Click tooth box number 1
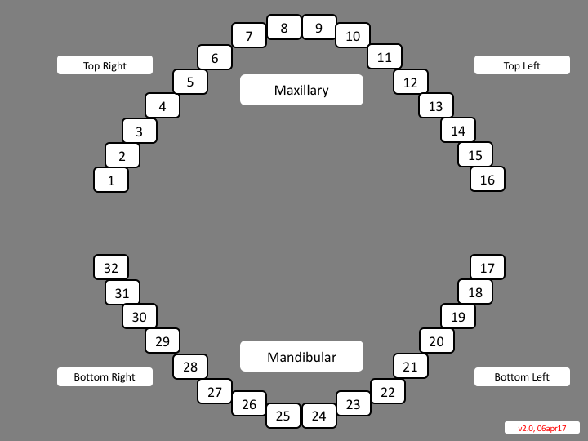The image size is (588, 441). pos(111,180)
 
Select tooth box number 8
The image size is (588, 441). pos(284,28)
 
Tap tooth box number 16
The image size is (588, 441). pos(488,180)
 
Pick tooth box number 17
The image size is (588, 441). pos(488,267)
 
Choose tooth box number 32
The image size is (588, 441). pos(111,267)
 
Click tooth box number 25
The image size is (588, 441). pos(283,416)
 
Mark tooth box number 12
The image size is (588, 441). pos(411,82)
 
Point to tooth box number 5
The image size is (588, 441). pos(190,82)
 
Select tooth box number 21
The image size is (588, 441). pos(410,367)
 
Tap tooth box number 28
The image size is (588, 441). pos(190,367)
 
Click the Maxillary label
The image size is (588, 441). pos(301,90)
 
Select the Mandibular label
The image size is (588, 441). pos(301,356)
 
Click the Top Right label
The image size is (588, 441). pos(105,65)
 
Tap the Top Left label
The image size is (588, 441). pos(522,65)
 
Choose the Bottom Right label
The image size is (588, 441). pos(105,376)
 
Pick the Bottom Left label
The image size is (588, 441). pos(522,376)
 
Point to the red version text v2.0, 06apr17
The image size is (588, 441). pos(541,427)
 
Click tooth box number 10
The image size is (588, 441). pos(353,35)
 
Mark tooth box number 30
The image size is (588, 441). pos(140,317)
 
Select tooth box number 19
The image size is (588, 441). pos(458,317)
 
